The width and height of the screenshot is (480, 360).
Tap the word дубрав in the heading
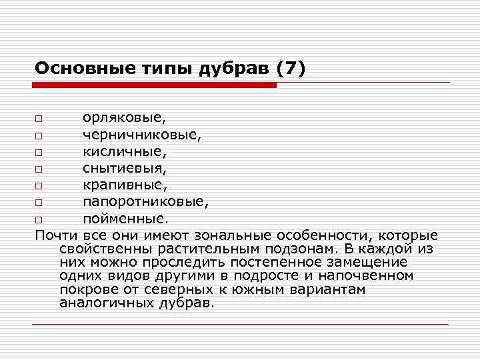pyautogui.click(x=231, y=68)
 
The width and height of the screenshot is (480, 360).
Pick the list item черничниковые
pyautogui.click(x=141, y=135)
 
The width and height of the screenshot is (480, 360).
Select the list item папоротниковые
pyautogui.click(x=145, y=201)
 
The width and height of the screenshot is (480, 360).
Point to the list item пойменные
pyautogui.click(x=125, y=218)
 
